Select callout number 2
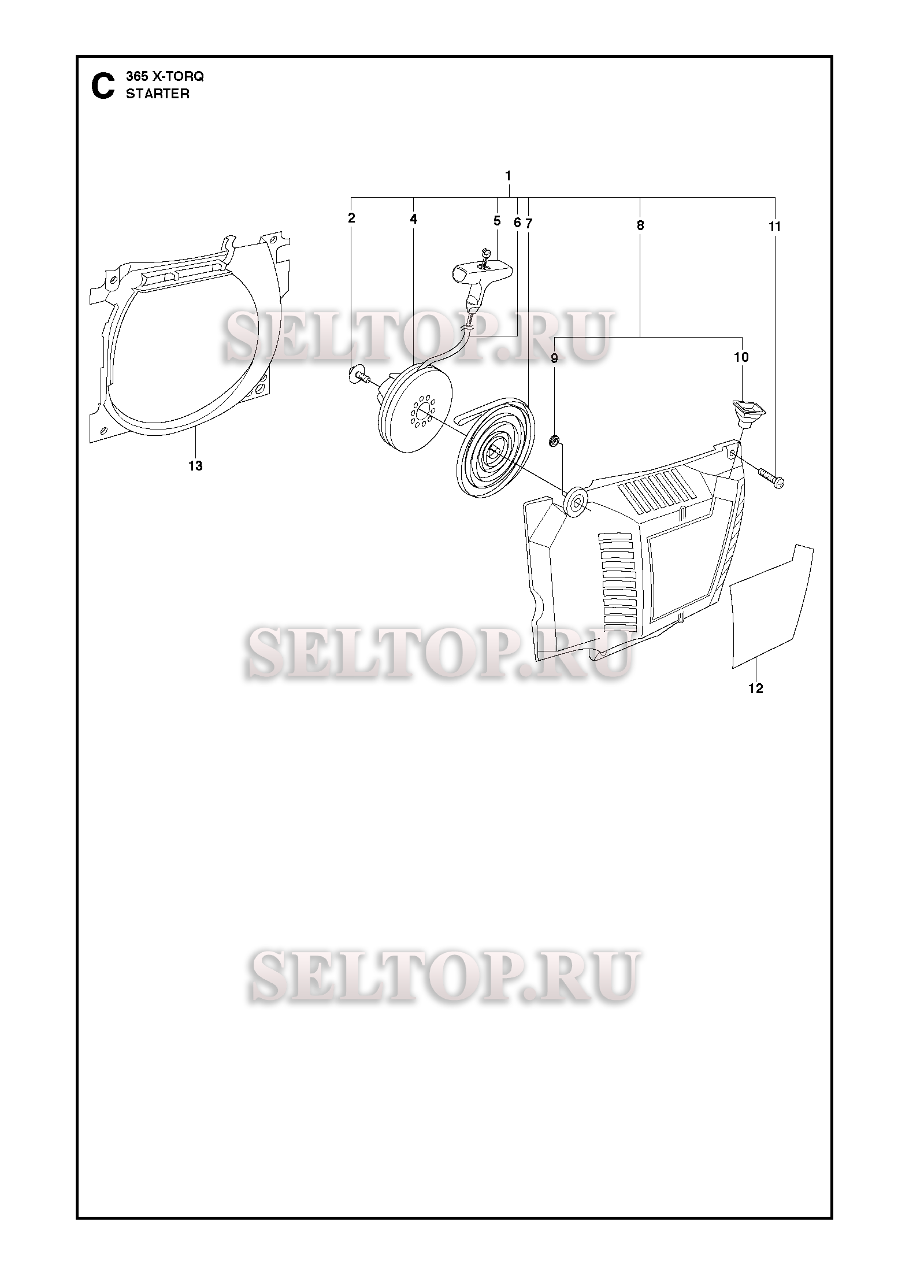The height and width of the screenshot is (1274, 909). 351,218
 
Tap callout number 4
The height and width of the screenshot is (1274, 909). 414,219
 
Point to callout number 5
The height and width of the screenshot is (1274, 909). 497,220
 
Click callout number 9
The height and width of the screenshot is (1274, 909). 554,358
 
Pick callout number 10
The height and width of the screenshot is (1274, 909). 741,357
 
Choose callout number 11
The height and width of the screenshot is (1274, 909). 774,227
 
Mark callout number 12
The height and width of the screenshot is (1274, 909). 756,688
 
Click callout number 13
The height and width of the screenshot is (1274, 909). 195,466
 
